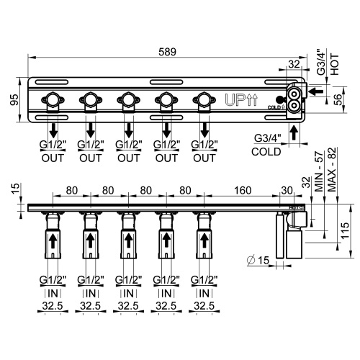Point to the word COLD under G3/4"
[x=267, y=152]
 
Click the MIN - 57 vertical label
[x=316, y=171]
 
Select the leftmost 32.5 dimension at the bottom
[x=51, y=306]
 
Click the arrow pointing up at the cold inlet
[x=294, y=131]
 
